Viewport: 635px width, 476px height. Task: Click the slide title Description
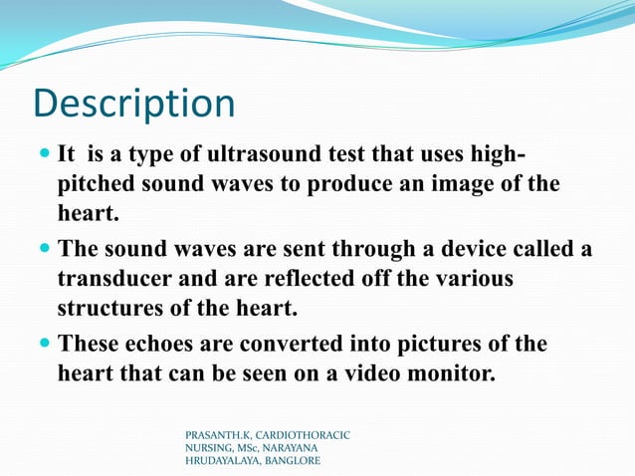tap(134, 105)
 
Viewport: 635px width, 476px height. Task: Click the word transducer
tap(118, 279)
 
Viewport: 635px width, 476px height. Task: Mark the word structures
tap(113, 307)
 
